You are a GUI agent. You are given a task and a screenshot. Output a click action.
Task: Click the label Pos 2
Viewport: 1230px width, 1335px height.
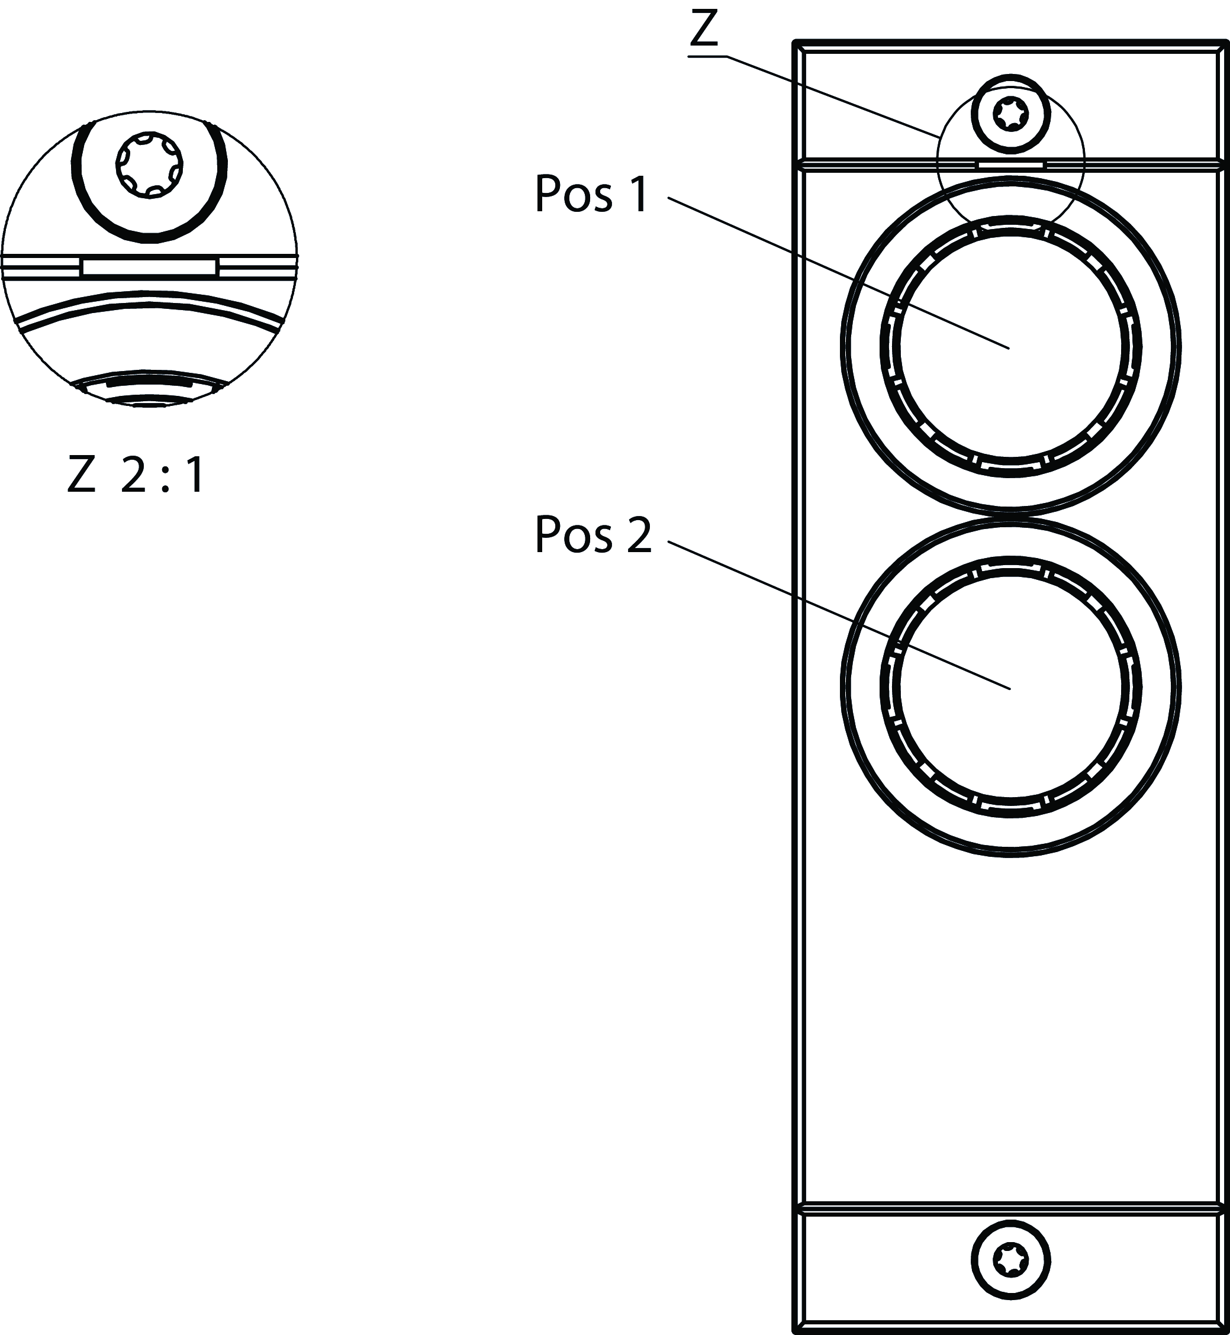coord(593,535)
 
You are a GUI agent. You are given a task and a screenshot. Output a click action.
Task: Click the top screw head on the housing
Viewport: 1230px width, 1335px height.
coord(1010,114)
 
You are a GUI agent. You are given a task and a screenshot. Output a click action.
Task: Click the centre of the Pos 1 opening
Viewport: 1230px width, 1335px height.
coord(1010,347)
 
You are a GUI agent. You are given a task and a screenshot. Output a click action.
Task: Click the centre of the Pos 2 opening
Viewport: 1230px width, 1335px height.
coord(1010,688)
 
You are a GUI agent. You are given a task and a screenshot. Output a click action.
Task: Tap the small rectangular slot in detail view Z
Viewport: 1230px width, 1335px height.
coord(149,267)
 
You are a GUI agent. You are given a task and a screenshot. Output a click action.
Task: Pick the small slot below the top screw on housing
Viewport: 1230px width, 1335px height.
coord(1010,164)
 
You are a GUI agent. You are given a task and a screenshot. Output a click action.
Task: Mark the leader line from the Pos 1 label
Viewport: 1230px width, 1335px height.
coord(839,273)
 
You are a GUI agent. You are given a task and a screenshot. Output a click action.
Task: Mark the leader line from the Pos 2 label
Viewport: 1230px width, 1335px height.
coord(839,614)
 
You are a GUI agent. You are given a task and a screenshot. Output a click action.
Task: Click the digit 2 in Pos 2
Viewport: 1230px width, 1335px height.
coord(639,535)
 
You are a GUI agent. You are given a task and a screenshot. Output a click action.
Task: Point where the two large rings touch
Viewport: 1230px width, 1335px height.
coord(1010,517)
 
